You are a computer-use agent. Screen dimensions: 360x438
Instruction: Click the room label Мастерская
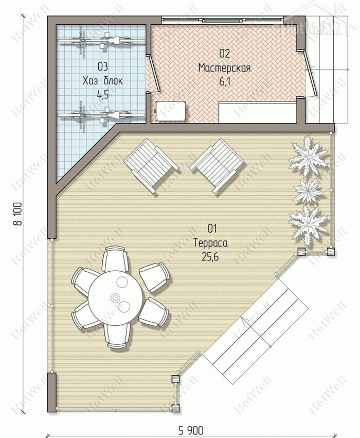(x=224, y=68)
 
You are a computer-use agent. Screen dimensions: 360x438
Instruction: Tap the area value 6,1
(x=225, y=82)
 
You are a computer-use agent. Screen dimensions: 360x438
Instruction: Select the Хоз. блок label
(x=102, y=81)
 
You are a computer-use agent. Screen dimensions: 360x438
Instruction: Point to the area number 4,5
(x=102, y=95)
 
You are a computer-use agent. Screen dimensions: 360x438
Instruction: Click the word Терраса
(x=211, y=243)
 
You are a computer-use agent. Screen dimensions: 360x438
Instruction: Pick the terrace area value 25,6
(x=210, y=257)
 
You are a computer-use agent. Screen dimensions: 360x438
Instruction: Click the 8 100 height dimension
(x=19, y=214)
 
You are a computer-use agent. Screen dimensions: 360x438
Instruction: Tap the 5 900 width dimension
(x=191, y=430)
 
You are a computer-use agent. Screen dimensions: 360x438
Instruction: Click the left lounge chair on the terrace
(x=151, y=166)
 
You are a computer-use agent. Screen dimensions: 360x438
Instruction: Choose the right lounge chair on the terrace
(x=217, y=166)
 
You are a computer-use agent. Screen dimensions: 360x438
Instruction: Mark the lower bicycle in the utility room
(x=101, y=115)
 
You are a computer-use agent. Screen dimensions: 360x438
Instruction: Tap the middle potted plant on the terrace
(x=309, y=191)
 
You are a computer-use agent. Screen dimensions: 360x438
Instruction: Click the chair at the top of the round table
(x=115, y=258)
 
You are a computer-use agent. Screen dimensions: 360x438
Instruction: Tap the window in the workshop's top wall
(x=222, y=20)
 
